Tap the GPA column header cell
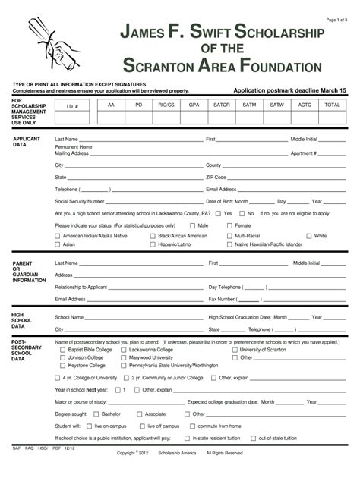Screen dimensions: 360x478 pos(194,105)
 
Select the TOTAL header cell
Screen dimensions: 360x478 pos(332,105)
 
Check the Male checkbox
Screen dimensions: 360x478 pos(191,225)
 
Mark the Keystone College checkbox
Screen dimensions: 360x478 pos(58,365)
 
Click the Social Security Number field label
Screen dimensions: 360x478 pos(80,202)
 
